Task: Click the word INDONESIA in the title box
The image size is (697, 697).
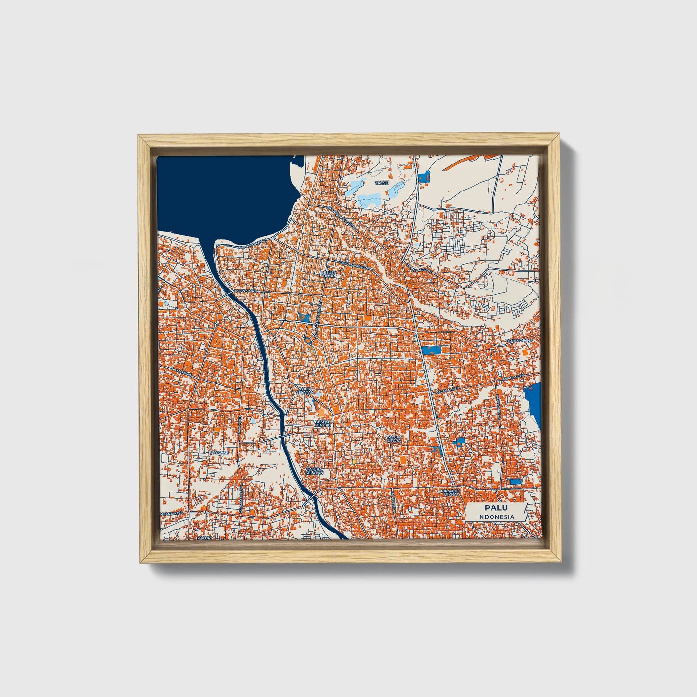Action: click(x=495, y=517)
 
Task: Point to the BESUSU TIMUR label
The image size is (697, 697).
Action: click(x=330, y=274)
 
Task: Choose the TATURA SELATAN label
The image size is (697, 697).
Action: click(x=314, y=470)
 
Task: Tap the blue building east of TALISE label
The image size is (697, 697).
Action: click(x=424, y=177)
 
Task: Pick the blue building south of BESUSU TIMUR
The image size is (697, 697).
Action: click(x=304, y=317)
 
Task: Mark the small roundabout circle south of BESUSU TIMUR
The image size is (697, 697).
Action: click(x=308, y=341)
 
